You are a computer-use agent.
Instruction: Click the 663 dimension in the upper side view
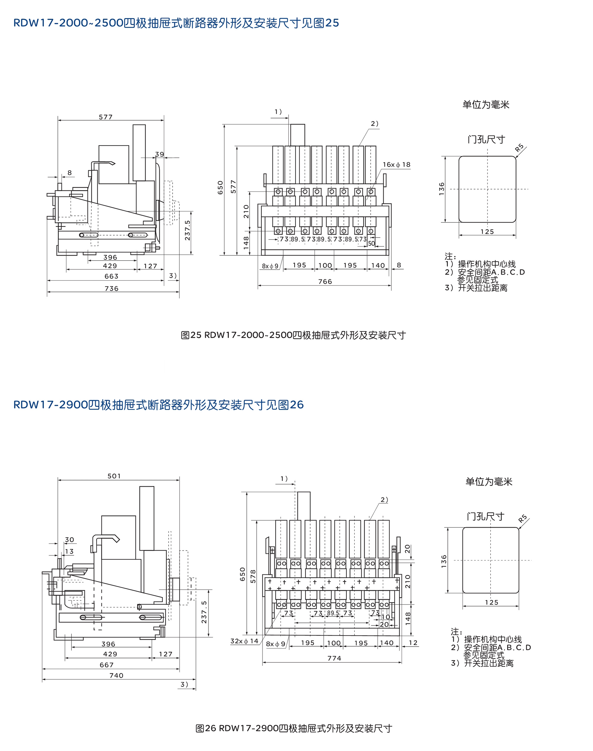coord(111,276)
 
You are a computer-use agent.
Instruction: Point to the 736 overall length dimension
coord(111,289)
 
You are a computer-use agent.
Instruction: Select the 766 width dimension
coord(325,282)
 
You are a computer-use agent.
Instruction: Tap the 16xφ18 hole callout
coord(396,165)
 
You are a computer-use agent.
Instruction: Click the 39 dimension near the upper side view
coord(159,154)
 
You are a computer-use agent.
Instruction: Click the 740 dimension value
coord(116,676)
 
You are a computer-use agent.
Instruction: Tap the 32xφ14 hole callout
coord(244,641)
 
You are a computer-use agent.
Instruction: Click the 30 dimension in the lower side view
coord(69,540)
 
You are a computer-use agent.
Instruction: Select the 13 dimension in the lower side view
coord(69,552)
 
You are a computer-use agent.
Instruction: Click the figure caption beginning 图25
coord(293,335)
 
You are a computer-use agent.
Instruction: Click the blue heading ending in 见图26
coord(159,405)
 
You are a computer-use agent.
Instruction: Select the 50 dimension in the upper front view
coord(372,244)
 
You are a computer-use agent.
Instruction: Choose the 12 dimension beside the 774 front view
coord(413,643)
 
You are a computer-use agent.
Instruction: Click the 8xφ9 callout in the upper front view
coord(270,266)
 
